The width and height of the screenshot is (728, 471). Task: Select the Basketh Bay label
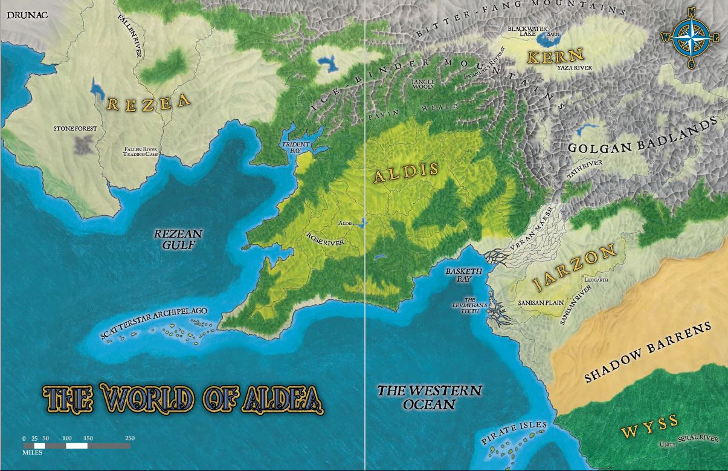(464, 275)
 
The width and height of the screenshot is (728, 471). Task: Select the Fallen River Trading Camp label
(140, 152)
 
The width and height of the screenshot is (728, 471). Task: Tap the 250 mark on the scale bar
(129, 438)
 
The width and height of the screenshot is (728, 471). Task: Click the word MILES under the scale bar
(32, 452)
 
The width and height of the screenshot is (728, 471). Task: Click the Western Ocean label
(430, 397)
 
